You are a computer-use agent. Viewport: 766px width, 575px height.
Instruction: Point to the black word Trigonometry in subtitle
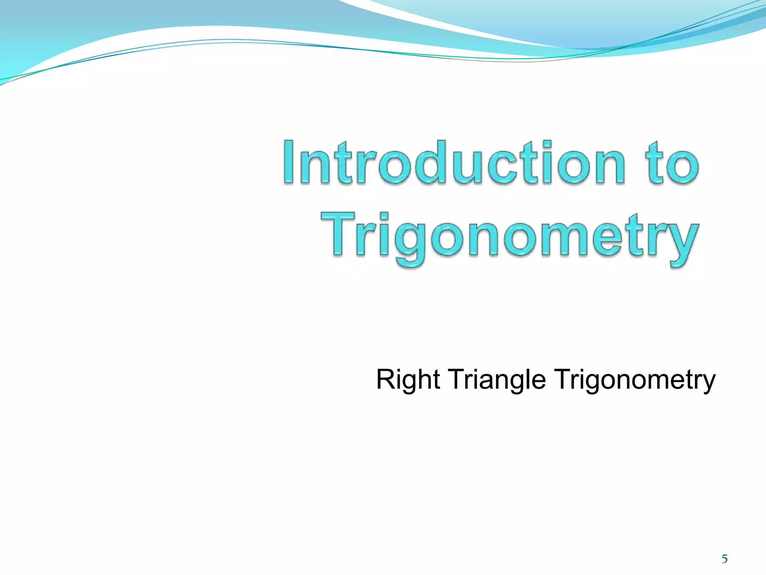tap(634, 379)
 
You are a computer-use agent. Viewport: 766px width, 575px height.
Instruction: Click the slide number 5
tap(724, 559)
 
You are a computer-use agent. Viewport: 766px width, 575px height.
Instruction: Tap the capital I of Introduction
tap(289, 162)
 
